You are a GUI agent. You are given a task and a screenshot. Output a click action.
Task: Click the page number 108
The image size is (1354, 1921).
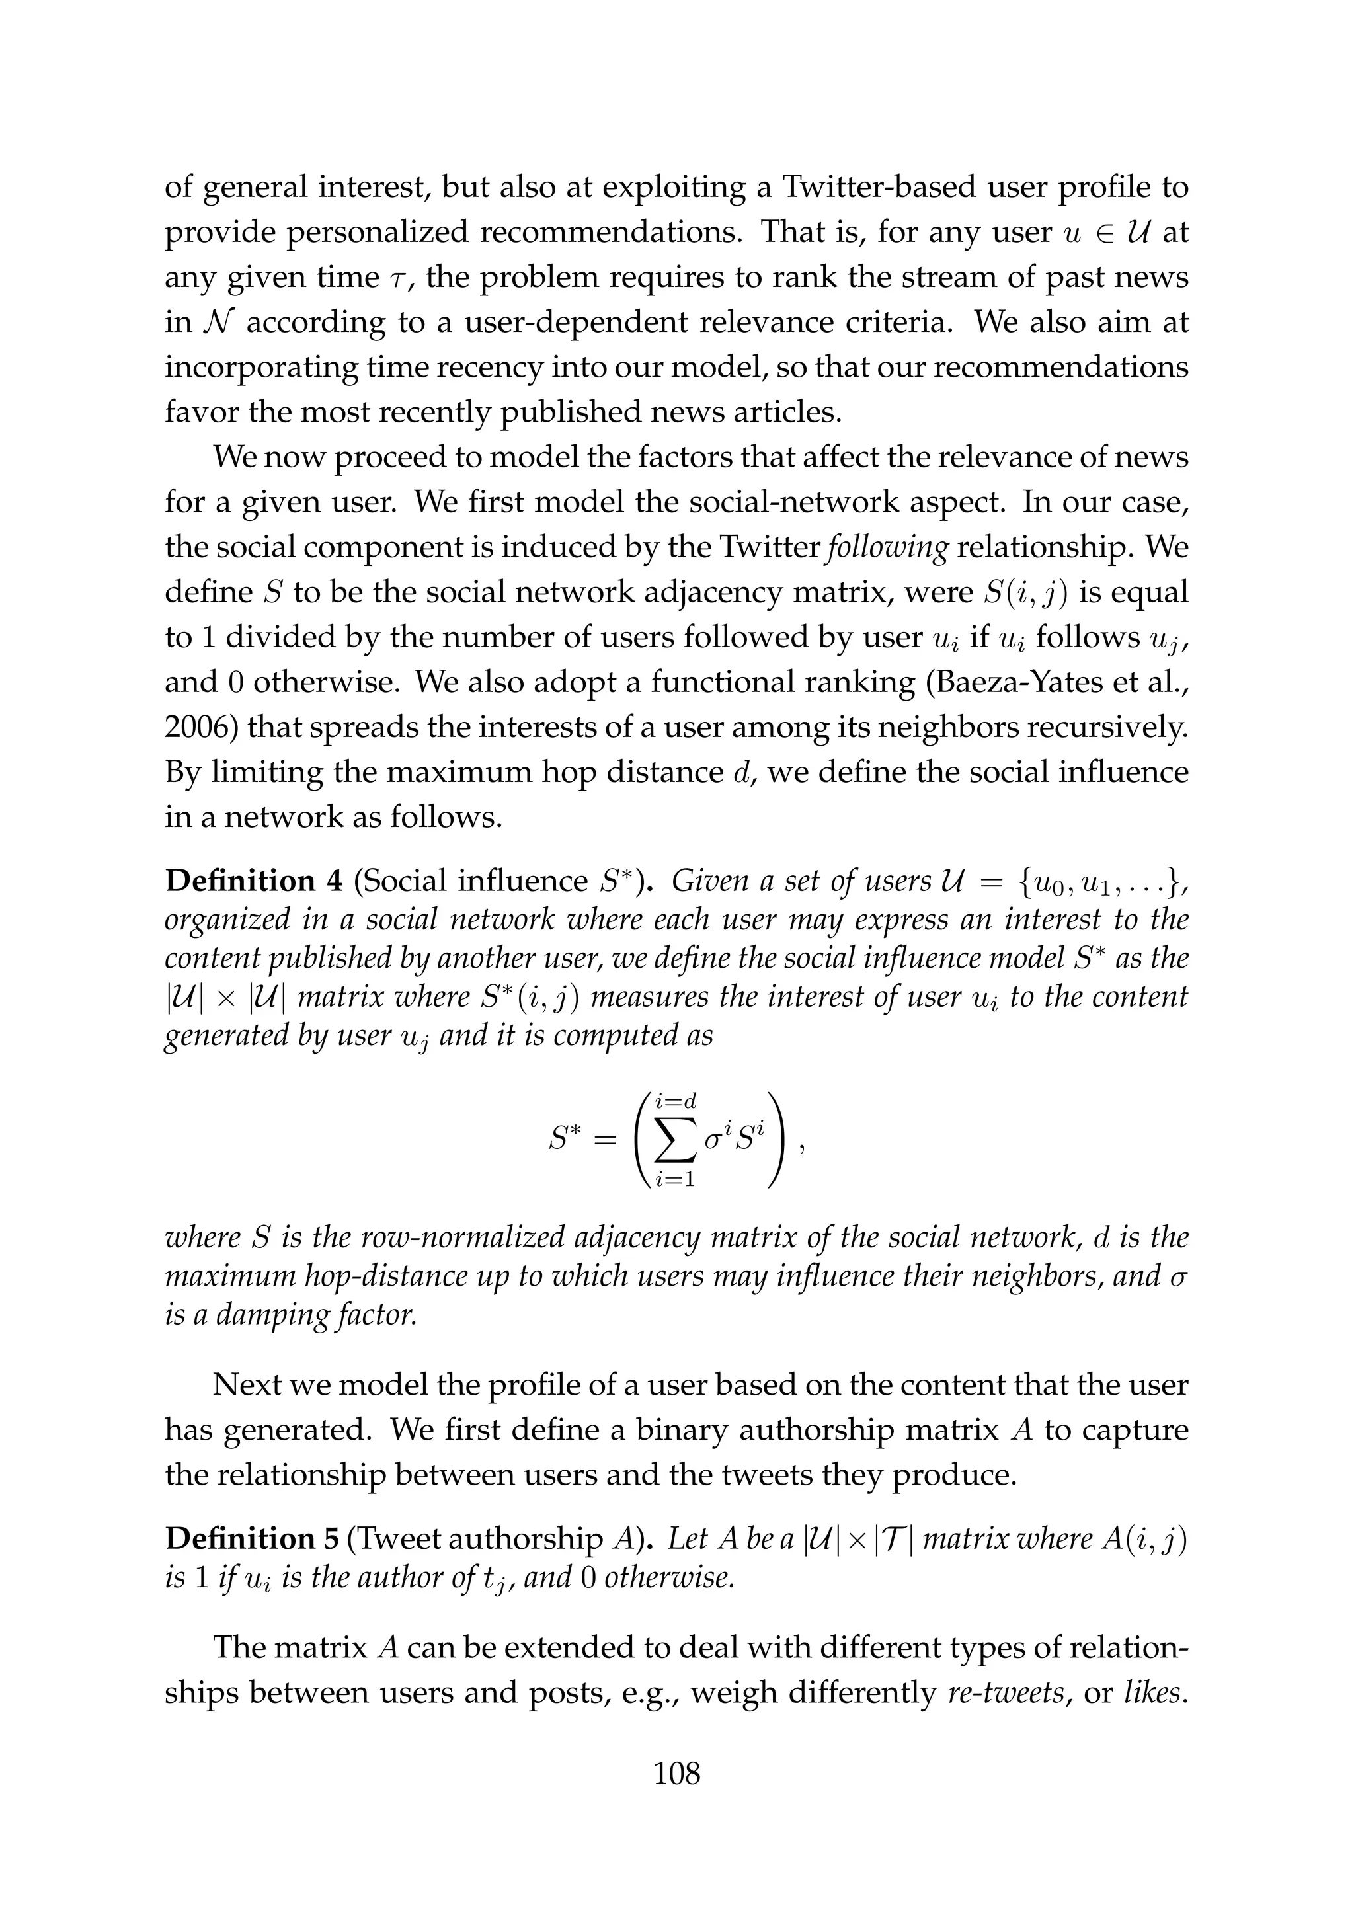coord(676,1773)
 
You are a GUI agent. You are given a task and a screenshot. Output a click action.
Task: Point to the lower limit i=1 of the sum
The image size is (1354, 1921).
coord(676,1181)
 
